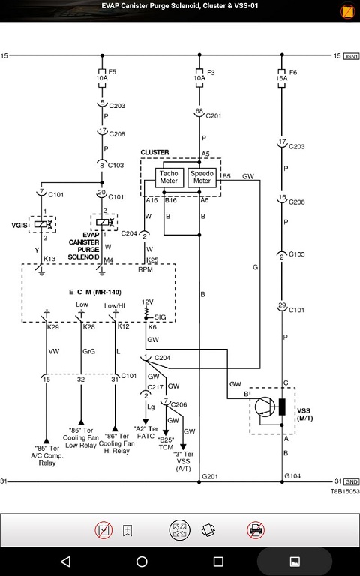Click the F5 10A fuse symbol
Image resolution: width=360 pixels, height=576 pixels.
(x=102, y=78)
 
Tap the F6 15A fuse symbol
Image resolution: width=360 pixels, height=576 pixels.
(x=282, y=78)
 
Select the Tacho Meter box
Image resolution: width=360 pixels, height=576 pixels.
(x=169, y=178)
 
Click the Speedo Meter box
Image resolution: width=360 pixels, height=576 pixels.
(x=202, y=178)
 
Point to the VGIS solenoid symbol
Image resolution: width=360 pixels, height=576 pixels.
(x=43, y=224)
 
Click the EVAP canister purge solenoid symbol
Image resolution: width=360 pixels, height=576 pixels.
(x=104, y=222)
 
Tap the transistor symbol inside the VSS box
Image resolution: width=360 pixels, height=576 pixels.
(x=265, y=406)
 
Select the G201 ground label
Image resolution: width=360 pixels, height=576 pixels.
(x=210, y=476)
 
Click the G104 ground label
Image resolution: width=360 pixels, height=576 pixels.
(x=292, y=476)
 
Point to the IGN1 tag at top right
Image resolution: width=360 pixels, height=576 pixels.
(x=351, y=56)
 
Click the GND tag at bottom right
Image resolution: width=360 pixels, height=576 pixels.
(x=352, y=482)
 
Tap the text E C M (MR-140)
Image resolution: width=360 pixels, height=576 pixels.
(x=95, y=292)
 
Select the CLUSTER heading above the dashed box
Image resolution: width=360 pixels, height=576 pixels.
(x=154, y=152)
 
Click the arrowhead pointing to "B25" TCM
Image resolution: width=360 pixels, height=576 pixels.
(x=166, y=432)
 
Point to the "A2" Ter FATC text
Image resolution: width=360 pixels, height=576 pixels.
(x=145, y=432)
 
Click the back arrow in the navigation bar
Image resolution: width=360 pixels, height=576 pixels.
(x=66, y=561)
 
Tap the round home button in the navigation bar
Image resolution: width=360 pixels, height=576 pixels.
(x=142, y=561)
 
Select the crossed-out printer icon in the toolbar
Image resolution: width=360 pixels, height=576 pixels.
(x=256, y=530)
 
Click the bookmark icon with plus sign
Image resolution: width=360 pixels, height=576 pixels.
(x=127, y=530)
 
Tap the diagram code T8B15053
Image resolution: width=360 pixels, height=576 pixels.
(x=344, y=491)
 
